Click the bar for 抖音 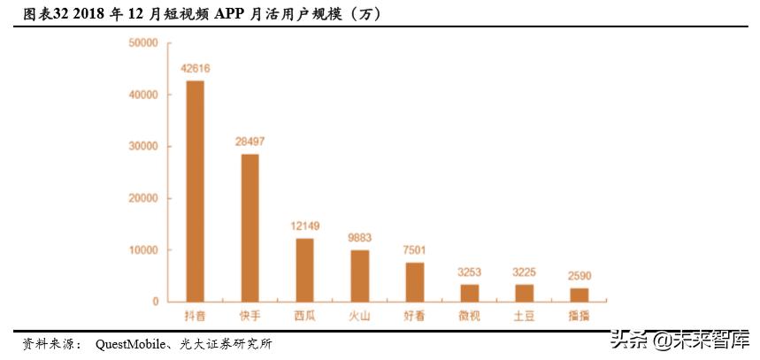195,191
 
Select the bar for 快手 250,227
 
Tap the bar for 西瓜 304,270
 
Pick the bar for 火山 359,276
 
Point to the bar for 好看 415,282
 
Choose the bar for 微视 470,293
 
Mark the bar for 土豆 524,293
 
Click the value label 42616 195,68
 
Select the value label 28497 250,142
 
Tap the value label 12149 304,226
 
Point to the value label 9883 359,238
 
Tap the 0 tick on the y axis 155,302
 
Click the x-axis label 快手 250,316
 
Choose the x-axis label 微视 470,316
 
